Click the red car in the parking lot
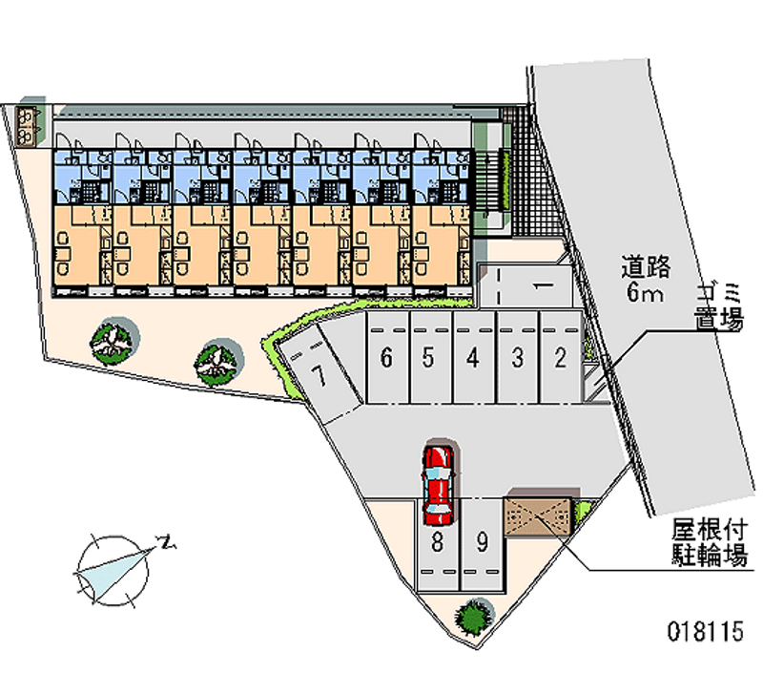pos(439,484)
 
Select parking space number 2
pos(561,358)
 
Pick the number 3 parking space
pos(517,358)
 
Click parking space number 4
pos(473,358)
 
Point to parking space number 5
pos(429,358)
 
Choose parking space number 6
pos(386,358)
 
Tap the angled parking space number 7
pos(321,375)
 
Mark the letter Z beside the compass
pos(168,544)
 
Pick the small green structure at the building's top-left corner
pos(31,121)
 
